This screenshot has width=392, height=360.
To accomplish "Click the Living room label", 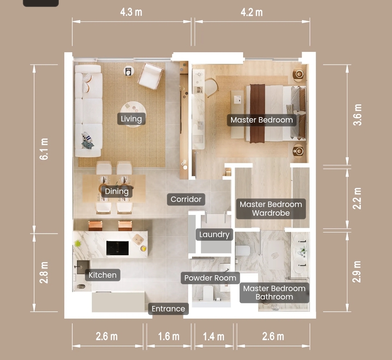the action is click(131, 119).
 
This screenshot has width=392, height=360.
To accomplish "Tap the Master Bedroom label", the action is click(261, 120).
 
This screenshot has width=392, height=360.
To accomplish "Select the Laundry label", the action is click(214, 235).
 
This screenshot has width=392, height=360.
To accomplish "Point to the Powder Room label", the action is click(210, 278).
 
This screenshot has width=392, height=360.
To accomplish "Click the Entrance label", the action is click(168, 309).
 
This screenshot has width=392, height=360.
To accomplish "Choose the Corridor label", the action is click(186, 199).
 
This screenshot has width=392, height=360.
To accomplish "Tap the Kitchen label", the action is click(102, 275).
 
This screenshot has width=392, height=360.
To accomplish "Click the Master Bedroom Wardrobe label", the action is click(271, 209).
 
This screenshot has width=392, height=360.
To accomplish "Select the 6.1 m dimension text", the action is click(44, 149).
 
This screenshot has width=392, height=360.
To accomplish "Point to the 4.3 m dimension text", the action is click(131, 12).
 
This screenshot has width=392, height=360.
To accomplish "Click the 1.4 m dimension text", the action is click(213, 336).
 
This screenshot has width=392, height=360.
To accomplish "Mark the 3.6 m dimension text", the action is click(357, 115).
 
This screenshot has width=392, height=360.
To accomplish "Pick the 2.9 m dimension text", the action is click(357, 272).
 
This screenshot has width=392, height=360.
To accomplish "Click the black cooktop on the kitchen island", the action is click(118, 248).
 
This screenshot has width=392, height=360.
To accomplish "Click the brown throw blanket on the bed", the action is click(257, 113).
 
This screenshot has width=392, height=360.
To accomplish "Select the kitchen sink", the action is click(83, 267).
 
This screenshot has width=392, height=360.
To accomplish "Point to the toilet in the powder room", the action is click(208, 293).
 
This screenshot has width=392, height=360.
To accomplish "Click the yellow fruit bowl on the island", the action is click(143, 248).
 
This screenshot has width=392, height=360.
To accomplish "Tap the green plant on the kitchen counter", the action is click(78, 243).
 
